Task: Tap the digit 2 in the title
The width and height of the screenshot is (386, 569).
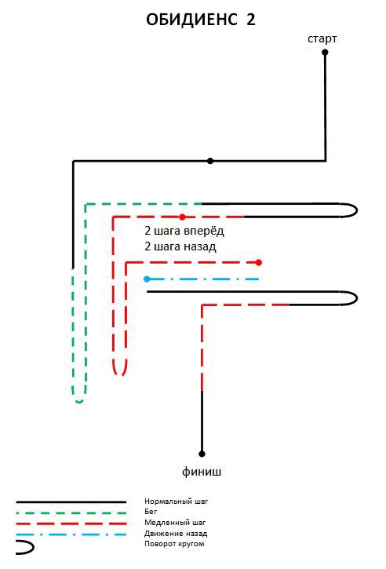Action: click(251, 20)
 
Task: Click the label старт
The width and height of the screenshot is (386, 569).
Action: click(322, 38)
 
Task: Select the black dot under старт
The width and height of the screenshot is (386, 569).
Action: click(325, 53)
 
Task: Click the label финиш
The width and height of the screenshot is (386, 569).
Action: click(202, 472)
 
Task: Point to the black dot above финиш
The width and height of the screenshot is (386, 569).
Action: click(202, 454)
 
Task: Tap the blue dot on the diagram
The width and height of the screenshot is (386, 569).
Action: click(147, 279)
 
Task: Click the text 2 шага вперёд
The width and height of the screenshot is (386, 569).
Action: click(184, 231)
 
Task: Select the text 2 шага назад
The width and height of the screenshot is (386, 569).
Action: click(180, 246)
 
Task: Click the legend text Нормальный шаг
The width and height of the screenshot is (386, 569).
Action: click(177, 502)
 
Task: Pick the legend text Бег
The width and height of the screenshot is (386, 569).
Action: click(151, 512)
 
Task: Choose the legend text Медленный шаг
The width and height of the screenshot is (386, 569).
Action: click(175, 523)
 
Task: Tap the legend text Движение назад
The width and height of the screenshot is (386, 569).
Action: click(176, 534)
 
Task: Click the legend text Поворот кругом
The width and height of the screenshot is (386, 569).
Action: click(174, 544)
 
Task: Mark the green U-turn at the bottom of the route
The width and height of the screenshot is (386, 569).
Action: click(79, 401)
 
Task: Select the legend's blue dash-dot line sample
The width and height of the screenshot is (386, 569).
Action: click(71, 534)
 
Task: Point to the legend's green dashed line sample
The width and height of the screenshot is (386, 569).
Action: click(71, 513)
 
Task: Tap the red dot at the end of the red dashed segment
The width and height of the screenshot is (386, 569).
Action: click(258, 262)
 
